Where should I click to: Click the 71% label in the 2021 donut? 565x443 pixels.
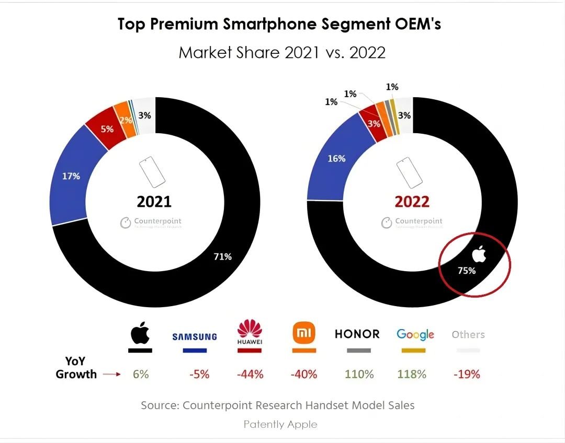[x=222, y=257]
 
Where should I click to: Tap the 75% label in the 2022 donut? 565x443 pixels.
[x=467, y=271]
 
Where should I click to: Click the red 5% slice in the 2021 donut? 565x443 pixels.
[x=107, y=129]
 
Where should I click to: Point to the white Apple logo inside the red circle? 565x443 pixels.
[x=479, y=254]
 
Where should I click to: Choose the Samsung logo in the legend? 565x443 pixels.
[x=195, y=336]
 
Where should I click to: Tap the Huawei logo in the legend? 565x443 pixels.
[x=250, y=333]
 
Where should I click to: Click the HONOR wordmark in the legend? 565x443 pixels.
[x=357, y=334]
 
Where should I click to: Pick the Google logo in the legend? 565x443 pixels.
[x=415, y=334]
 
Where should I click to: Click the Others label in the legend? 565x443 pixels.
[x=468, y=334]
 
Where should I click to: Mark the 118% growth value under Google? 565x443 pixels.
[x=413, y=374]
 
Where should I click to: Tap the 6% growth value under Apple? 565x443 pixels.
[x=141, y=374]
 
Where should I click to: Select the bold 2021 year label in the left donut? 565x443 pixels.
[x=154, y=202]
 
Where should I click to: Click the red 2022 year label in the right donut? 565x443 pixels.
[x=412, y=202]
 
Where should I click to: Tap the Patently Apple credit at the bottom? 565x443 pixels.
[x=280, y=424]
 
